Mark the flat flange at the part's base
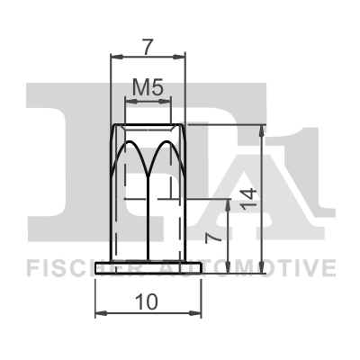coord(148,268)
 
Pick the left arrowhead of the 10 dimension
coord(99,311)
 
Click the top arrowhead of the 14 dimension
coord(261,128)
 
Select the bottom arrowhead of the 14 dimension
coord(261,268)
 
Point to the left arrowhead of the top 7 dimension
coord(113,55)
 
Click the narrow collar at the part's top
coord(148,117)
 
